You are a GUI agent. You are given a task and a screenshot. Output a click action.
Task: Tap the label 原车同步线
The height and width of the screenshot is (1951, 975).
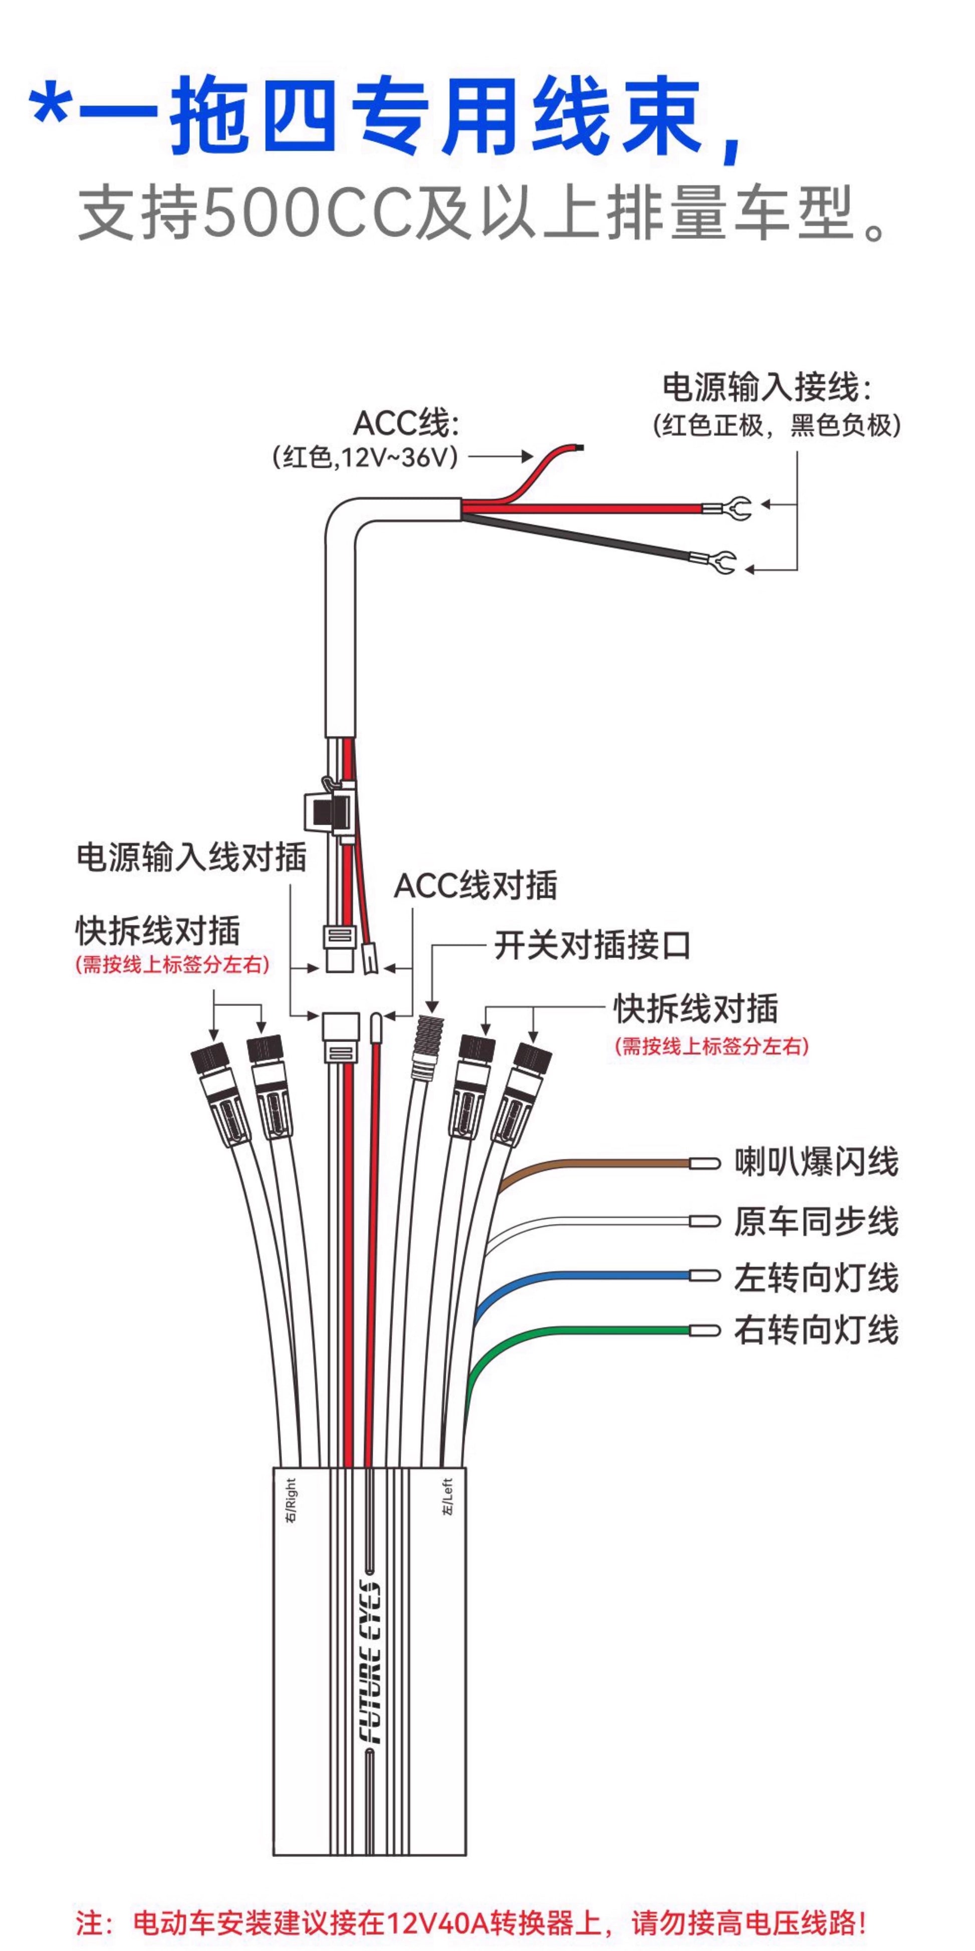[x=816, y=1222]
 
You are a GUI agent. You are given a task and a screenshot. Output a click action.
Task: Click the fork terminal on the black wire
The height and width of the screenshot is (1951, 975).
[x=719, y=562]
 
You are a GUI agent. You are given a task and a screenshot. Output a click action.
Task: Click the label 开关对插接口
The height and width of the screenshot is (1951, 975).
[x=592, y=945]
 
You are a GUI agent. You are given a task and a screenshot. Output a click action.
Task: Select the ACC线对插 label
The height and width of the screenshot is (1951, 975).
[x=475, y=885]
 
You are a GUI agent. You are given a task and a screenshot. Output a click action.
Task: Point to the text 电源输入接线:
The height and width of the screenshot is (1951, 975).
[x=767, y=387]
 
